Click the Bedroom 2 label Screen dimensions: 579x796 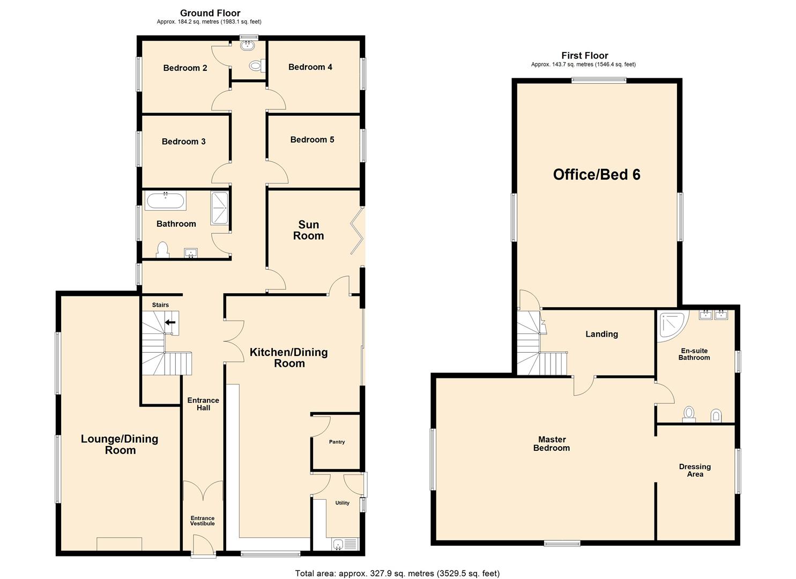(185, 68)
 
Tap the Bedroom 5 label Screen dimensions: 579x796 (312, 140)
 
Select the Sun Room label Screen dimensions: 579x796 (308, 230)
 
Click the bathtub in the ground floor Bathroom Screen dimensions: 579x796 (166, 202)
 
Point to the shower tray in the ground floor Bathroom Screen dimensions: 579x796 (219, 208)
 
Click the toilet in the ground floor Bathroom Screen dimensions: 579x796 (162, 250)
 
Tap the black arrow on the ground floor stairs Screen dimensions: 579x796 (170, 322)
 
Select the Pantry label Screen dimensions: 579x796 (337, 442)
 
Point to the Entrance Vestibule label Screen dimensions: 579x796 (203, 521)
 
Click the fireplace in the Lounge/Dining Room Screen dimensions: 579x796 (119, 544)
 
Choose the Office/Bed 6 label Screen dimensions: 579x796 (597, 175)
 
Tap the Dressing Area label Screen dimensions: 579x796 (695, 470)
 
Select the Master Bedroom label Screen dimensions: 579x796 (552, 444)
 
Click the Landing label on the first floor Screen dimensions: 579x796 (601, 334)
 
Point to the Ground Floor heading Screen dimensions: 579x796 (210, 13)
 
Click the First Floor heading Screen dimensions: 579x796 (585, 55)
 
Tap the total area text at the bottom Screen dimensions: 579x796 (397, 574)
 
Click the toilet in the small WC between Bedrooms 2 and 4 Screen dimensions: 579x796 (256, 66)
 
